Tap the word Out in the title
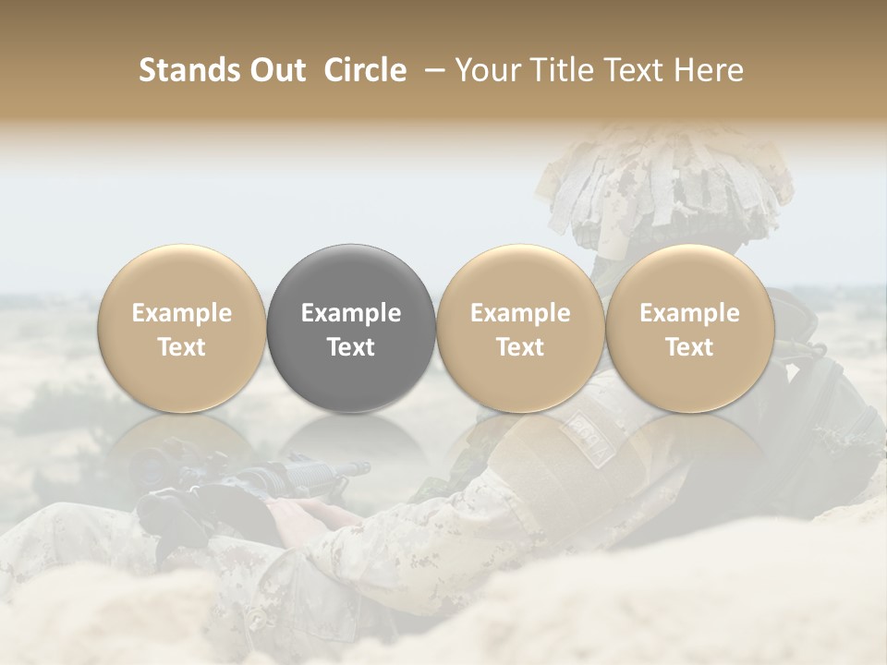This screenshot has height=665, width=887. click(x=276, y=70)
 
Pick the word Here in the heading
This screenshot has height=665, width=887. click(x=710, y=70)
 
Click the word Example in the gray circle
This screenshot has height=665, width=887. click(x=351, y=313)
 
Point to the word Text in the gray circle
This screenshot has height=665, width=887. click(x=351, y=347)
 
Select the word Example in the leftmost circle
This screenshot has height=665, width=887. click(x=181, y=313)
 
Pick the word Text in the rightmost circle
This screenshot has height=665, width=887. click(x=689, y=347)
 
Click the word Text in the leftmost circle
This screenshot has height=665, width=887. click(x=181, y=347)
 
